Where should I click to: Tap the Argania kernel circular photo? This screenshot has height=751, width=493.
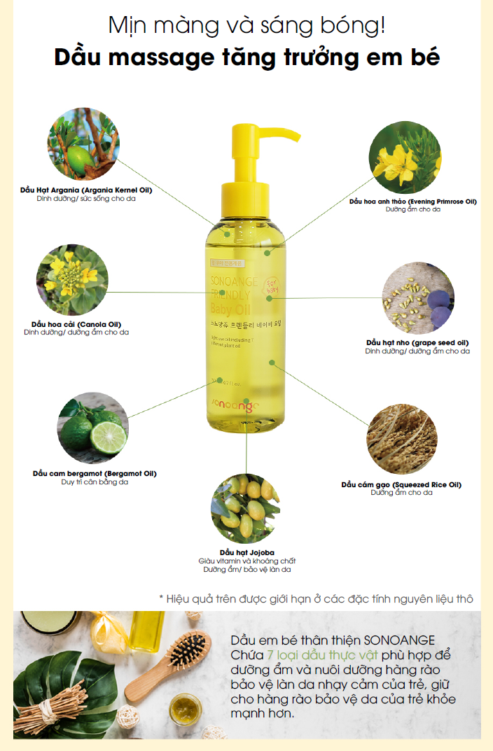[83, 143]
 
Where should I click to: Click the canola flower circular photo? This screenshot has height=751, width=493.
[72, 279]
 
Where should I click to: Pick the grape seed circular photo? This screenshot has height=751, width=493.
[419, 297]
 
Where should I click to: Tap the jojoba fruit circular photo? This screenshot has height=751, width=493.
[246, 509]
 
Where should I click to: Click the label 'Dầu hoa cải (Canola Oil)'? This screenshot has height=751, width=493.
[76, 325]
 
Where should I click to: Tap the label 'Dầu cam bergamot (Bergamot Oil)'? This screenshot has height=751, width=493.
[95, 474]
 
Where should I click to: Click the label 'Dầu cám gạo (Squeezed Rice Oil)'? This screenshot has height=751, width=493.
[401, 484]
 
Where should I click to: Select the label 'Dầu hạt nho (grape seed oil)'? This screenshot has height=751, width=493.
[417, 342]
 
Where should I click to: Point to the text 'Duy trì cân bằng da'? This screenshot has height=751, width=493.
[95, 482]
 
